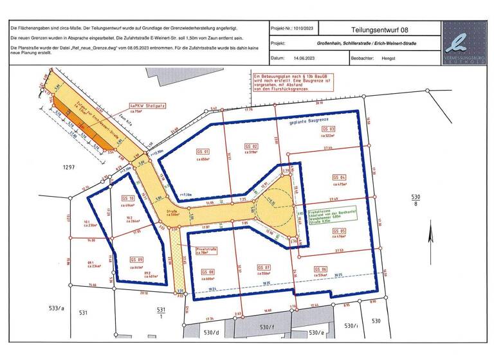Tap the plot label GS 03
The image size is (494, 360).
327,129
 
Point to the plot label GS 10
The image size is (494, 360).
127,198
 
